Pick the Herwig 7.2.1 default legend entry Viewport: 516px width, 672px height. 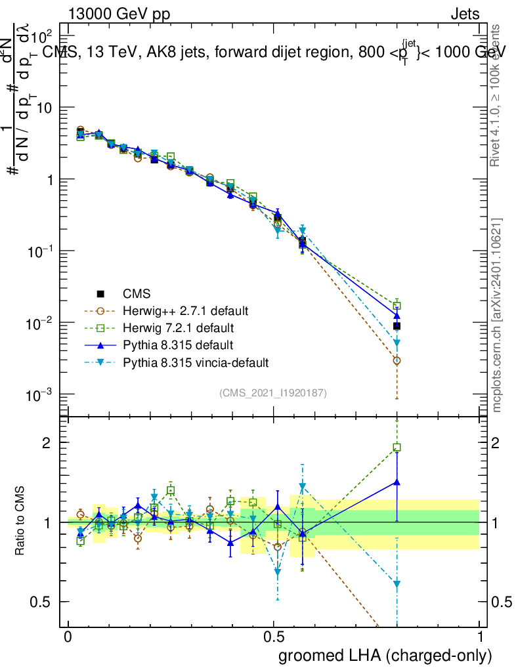[x=181, y=327]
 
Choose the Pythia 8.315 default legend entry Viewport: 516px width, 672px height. [x=177, y=345]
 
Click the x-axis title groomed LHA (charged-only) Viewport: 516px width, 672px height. [x=385, y=656]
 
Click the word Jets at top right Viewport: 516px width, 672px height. [x=464, y=14]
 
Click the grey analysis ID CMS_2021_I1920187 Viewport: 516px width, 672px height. [x=273, y=393]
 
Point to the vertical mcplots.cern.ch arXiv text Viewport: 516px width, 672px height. [x=497, y=315]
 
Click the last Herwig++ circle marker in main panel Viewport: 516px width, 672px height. [x=397, y=361]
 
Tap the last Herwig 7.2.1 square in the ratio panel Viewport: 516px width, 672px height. [x=397, y=448]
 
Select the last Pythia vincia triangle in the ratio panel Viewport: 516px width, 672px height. [x=397, y=584]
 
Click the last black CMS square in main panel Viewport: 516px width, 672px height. [x=397, y=325]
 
